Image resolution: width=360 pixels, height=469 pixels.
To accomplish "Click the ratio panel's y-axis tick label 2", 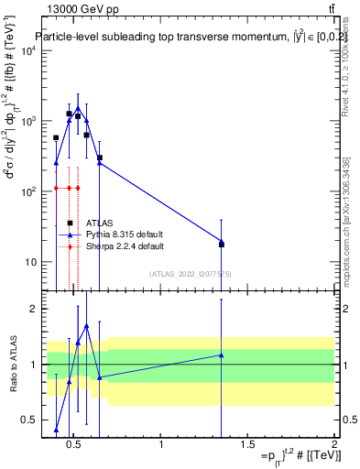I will pyautogui.click(x=34, y=309).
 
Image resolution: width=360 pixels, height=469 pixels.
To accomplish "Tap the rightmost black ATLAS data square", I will pyautogui.click(x=222, y=245).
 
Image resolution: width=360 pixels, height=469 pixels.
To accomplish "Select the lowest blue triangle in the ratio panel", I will pyautogui.click(x=56, y=430).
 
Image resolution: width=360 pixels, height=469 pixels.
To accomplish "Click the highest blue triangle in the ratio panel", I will pyautogui.click(x=86, y=326).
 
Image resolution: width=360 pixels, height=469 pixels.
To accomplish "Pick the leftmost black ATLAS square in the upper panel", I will pyautogui.click(x=56, y=137).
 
